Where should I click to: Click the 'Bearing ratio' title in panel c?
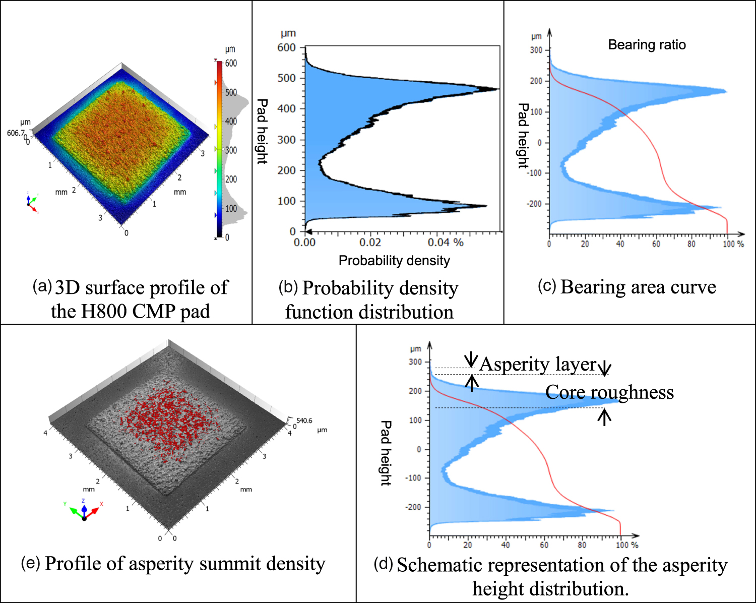647,45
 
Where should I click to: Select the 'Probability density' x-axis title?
394,261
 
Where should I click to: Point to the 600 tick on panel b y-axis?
286,47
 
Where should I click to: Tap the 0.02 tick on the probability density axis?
370,243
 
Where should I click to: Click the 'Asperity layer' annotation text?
538,364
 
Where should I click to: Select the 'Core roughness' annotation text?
609,392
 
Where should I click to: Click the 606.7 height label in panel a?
15,133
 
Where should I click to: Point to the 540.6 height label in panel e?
304,420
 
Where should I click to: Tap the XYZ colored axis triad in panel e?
84,510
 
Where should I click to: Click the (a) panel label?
42,286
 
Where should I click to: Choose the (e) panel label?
30,563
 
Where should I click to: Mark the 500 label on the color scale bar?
231,92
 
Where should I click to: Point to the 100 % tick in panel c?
733,244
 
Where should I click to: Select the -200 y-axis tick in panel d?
413,507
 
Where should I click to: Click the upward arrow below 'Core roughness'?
604,417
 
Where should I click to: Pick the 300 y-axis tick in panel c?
536,50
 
